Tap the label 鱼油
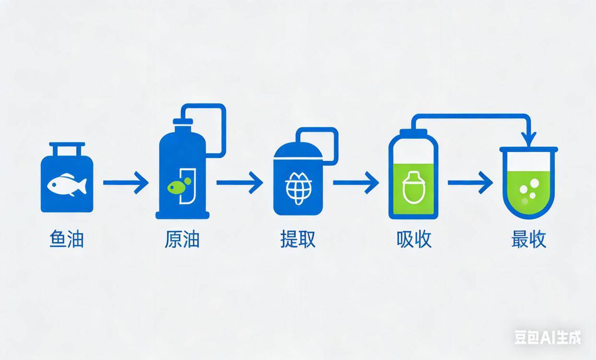[x=67, y=239]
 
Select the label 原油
[x=182, y=239]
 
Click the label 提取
[x=298, y=239]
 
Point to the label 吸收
[x=414, y=239]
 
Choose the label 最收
[x=529, y=239]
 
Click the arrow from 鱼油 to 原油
[x=126, y=182]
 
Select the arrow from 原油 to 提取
[x=239, y=182]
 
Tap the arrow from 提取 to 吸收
[x=356, y=182]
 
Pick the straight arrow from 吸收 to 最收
[x=470, y=182]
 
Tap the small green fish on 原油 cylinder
[x=175, y=185]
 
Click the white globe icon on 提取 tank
[x=298, y=188]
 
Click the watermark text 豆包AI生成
[x=548, y=337]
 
